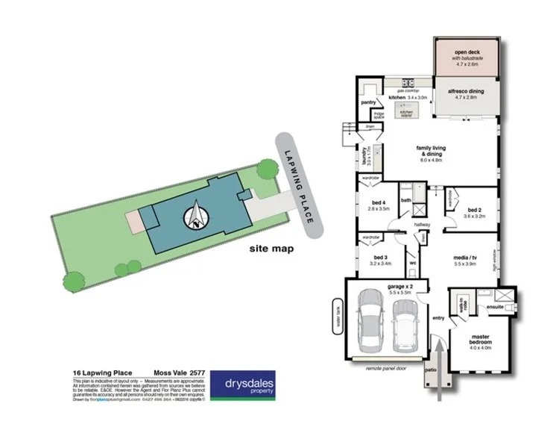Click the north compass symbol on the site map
pos(197,216)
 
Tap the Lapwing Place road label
pos(301,184)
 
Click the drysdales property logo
pos(247,385)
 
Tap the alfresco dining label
pos(466,91)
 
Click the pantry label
pos(367,102)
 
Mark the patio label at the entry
pos(430,369)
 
